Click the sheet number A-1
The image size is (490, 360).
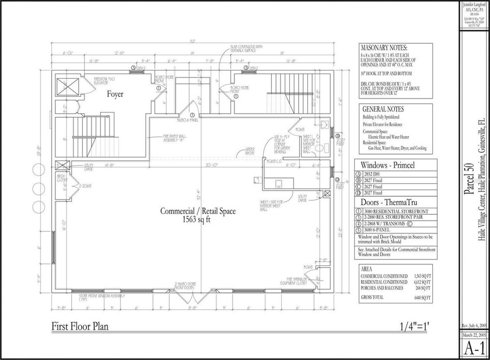(474, 348)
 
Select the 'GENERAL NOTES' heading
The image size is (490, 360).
(383, 109)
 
